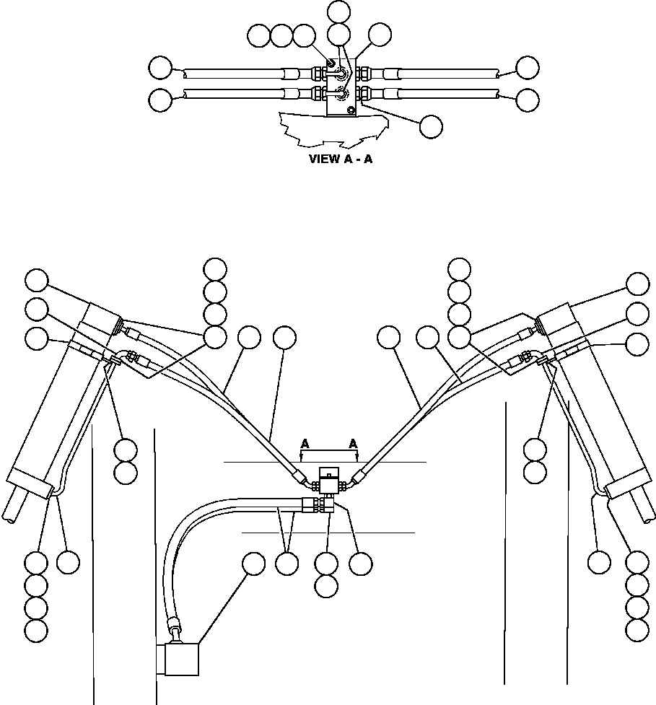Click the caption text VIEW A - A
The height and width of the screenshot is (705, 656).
(x=341, y=159)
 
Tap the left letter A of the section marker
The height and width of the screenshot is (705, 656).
(x=305, y=444)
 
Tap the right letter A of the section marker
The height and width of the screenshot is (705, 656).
(x=354, y=444)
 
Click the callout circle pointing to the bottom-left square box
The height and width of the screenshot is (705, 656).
(x=253, y=564)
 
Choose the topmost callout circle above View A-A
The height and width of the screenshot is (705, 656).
(x=338, y=11)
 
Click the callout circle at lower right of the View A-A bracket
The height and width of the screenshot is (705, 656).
(x=431, y=126)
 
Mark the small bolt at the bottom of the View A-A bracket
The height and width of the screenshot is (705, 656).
(x=351, y=110)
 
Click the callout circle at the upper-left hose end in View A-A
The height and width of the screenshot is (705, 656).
(x=159, y=69)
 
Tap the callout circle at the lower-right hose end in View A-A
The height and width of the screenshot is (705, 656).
(x=528, y=100)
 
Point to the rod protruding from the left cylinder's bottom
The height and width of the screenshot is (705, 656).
(x=14, y=508)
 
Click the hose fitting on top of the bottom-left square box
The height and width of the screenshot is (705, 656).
(x=175, y=625)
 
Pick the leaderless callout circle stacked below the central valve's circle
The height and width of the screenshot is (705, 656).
(x=327, y=586)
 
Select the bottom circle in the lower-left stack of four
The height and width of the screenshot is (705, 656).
(x=36, y=630)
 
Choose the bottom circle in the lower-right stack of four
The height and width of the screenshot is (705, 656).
(x=637, y=629)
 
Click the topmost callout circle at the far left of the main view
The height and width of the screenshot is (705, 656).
(x=36, y=280)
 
